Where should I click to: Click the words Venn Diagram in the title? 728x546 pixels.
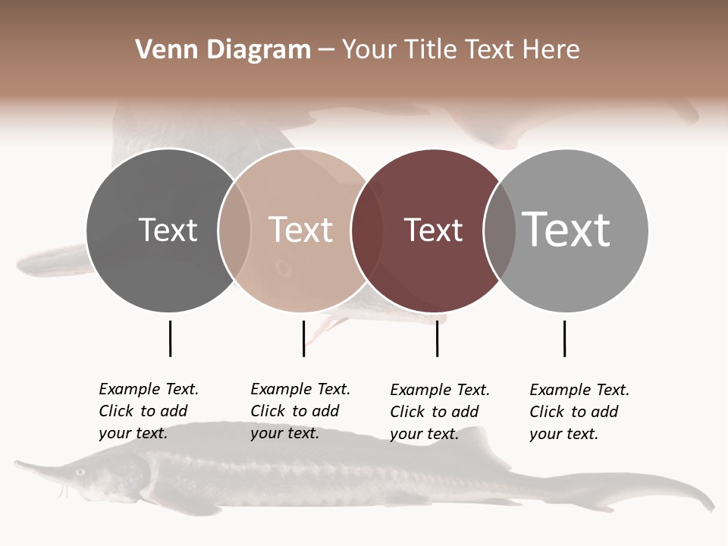(223, 50)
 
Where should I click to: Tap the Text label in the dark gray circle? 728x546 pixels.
(168, 230)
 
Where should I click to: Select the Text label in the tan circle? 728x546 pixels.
(301, 230)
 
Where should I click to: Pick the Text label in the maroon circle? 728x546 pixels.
(433, 230)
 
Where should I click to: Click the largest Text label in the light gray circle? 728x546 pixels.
(566, 229)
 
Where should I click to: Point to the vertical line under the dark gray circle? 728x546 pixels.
(170, 338)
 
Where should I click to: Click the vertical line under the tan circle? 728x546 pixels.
(303, 338)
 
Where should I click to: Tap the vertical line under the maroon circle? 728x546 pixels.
(437, 338)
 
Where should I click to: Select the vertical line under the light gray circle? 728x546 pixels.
(564, 338)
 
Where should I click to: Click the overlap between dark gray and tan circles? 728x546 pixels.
(234, 230)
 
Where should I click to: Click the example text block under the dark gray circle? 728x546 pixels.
(149, 411)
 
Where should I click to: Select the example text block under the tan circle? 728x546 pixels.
(300, 411)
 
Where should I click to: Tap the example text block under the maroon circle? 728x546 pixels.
(440, 412)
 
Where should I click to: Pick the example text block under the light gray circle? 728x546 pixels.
(579, 412)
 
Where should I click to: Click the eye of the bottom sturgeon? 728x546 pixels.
(80, 472)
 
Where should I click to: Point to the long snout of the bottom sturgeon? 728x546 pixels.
(38, 467)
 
